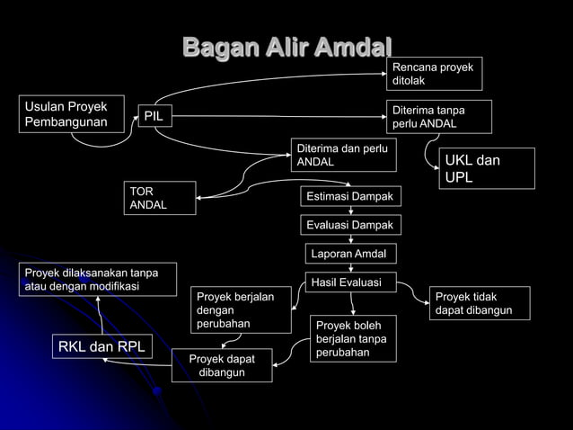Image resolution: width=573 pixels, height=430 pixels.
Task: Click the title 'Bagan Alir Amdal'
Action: coord(287,47)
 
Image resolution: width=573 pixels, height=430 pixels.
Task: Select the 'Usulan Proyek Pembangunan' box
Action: coord(71,114)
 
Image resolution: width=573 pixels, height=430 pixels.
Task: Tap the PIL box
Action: coord(154,115)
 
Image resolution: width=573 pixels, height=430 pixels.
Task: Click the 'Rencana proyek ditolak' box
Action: coord(435,74)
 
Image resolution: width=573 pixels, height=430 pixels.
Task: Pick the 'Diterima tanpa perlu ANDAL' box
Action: coord(439,116)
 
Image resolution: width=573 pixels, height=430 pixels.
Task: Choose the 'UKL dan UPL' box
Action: coord(486,168)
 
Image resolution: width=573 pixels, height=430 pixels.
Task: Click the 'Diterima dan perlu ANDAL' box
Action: coord(342,155)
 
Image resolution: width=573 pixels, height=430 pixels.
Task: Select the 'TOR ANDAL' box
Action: coord(160,199)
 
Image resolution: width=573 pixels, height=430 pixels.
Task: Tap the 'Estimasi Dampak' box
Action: coord(350,196)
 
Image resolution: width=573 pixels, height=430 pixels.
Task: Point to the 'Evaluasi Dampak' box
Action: coord(350,225)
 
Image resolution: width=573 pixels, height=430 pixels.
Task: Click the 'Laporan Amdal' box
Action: coord(350,254)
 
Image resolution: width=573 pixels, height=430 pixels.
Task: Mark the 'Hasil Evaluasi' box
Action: coord(350,282)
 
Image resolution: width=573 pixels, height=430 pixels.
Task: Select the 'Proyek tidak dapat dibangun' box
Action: coord(480,303)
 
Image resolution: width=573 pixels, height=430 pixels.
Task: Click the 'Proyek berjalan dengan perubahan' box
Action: coord(242,309)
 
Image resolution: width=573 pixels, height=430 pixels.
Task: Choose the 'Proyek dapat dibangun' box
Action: coord(222,365)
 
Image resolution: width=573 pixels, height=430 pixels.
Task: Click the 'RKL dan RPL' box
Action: coord(101,346)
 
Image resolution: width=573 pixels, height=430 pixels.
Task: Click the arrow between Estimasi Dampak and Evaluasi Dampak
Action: coord(350,211)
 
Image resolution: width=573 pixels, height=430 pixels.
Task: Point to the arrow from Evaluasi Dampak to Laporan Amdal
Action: coord(350,239)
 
